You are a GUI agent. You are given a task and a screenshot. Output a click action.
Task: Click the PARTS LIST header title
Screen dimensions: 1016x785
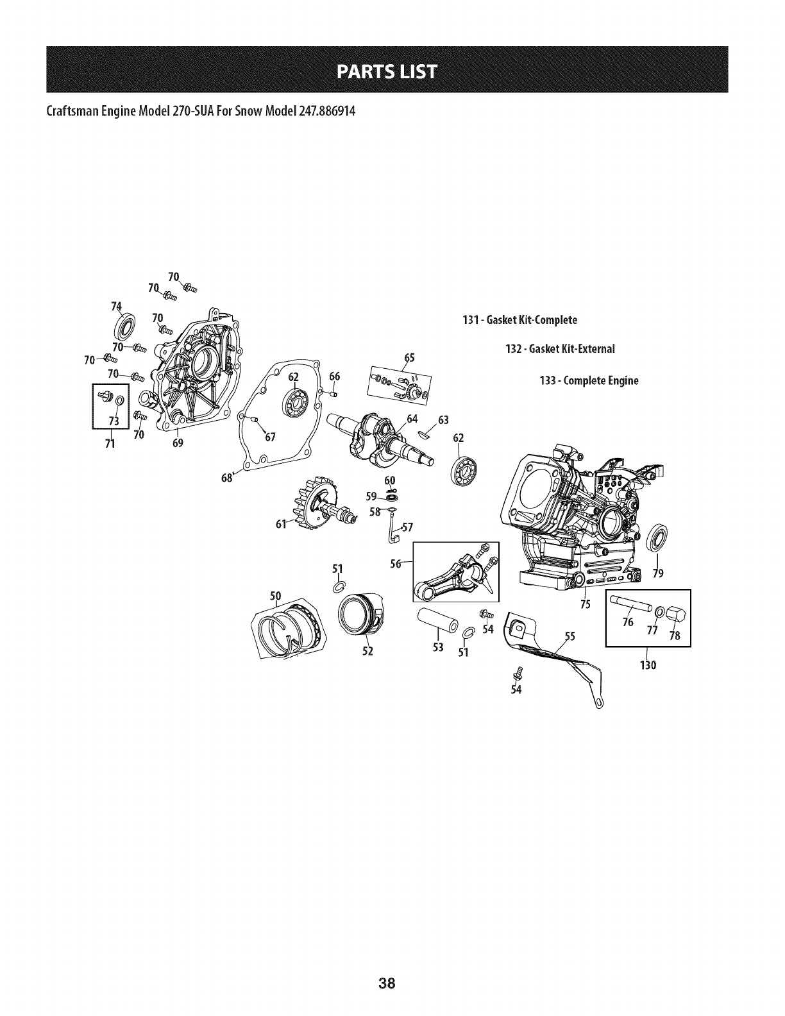(392, 71)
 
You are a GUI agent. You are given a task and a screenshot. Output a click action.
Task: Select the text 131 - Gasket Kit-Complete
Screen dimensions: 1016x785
(519, 319)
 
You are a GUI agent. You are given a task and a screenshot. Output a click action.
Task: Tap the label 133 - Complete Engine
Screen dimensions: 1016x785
(589, 380)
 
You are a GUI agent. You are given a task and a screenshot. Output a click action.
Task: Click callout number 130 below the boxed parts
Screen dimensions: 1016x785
(648, 665)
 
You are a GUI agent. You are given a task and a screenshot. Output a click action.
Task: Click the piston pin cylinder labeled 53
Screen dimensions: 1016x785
(437, 620)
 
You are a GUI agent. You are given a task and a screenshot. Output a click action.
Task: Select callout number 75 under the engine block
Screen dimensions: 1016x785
(584, 604)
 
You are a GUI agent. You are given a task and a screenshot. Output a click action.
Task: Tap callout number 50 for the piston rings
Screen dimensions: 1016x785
(276, 596)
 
